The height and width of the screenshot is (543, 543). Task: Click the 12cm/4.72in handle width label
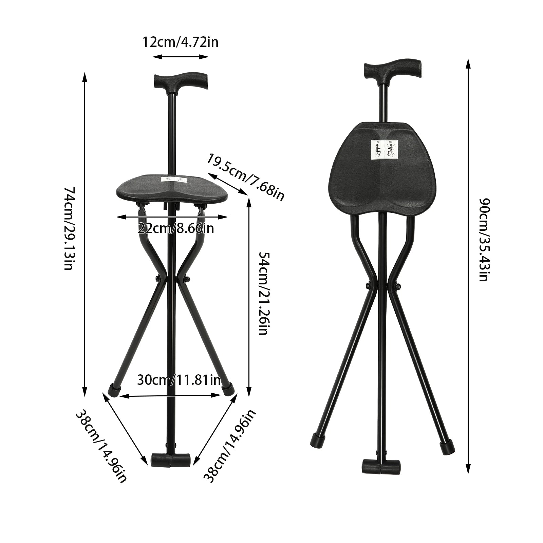point(180,42)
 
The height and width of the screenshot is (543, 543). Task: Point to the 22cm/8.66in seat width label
point(176,228)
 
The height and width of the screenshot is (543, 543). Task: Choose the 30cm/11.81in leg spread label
point(179,380)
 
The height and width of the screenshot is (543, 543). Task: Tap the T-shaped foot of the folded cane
point(382,466)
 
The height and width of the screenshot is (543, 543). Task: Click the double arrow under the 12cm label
point(180,56)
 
